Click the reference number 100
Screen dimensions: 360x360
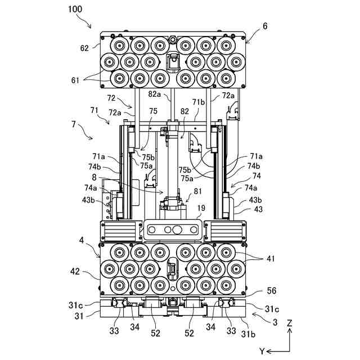coord(75,9)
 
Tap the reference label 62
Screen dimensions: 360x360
coord(84,48)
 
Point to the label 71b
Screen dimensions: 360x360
coord(199,102)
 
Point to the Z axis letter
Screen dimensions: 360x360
coord(289,323)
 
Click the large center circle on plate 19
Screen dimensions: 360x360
coord(177,229)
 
